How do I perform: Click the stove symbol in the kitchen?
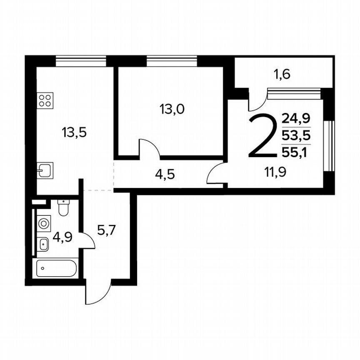(x=45, y=100)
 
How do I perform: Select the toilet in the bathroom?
(x=63, y=208)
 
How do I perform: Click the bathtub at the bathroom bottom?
(x=57, y=268)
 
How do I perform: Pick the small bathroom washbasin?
(x=43, y=244)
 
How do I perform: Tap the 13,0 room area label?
(x=172, y=109)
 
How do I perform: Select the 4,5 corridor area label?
(x=165, y=174)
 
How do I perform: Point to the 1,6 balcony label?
(x=282, y=75)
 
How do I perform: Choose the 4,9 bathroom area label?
(x=62, y=237)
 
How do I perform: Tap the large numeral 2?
(x=263, y=136)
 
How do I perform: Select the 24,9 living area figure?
(x=296, y=119)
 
